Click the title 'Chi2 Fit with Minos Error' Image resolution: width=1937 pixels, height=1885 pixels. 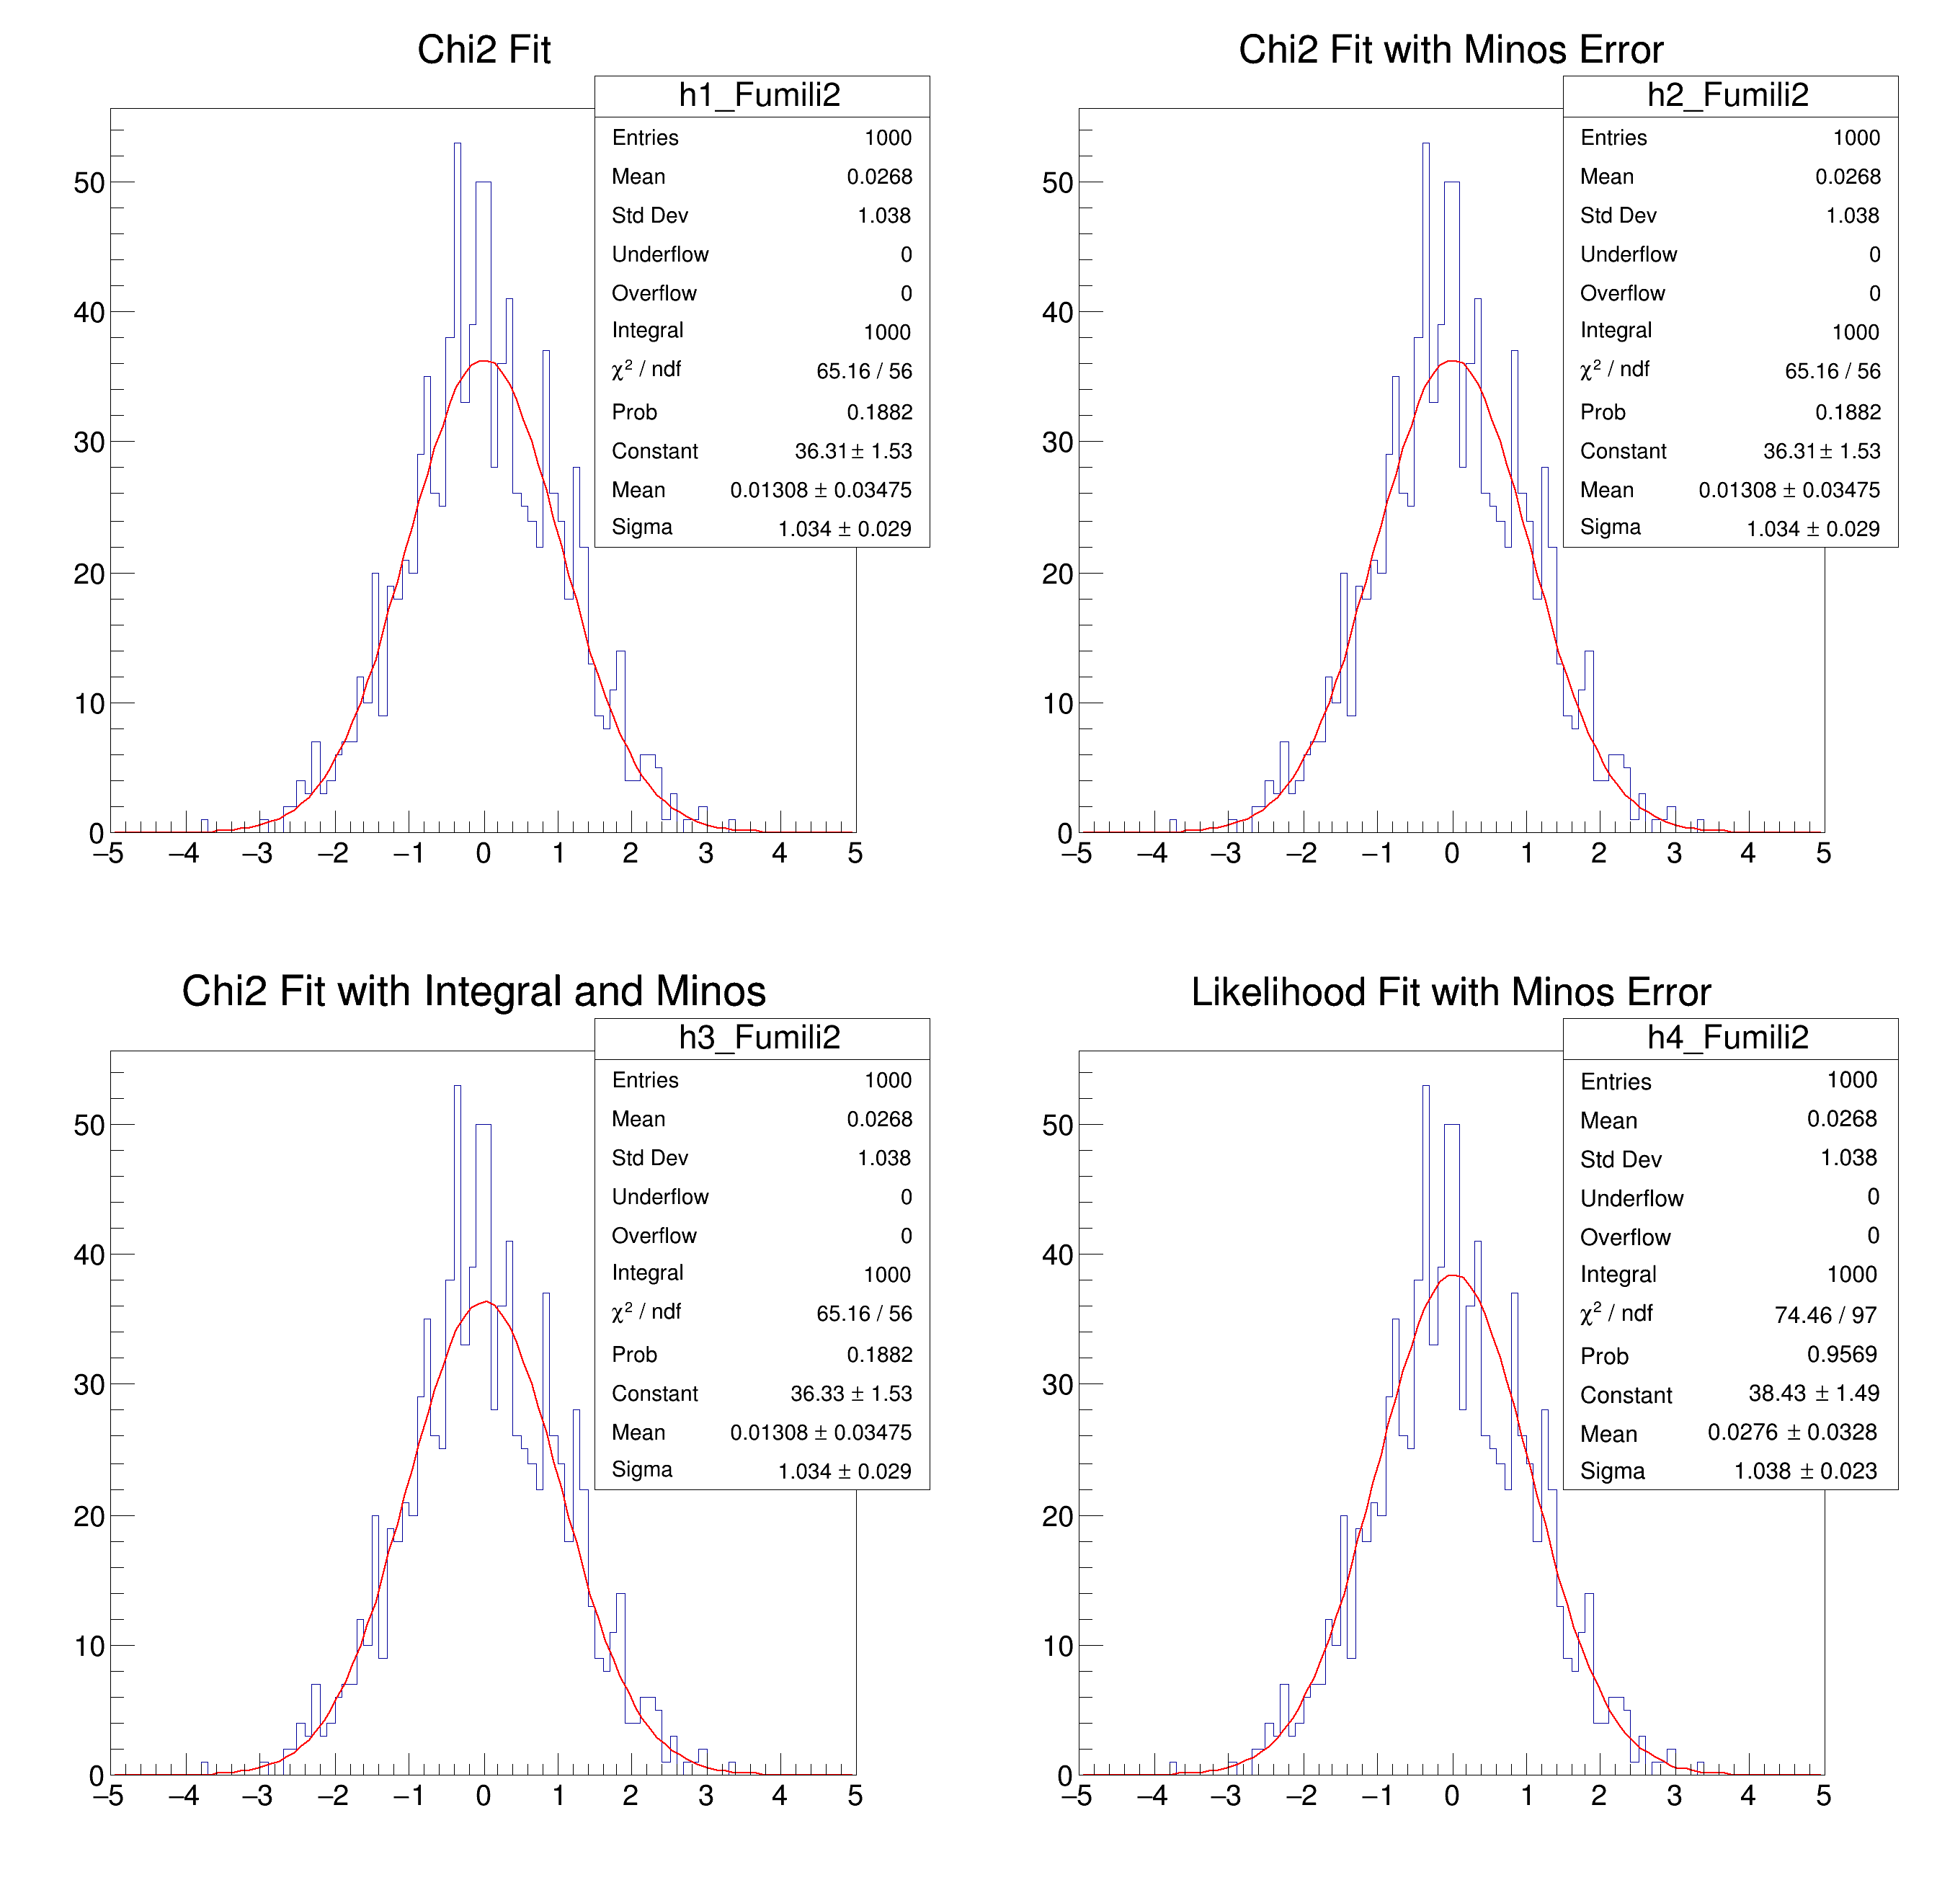click(x=1450, y=50)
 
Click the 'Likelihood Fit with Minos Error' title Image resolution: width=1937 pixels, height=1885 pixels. click(x=1450, y=992)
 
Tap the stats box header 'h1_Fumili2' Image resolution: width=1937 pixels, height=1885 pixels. click(x=760, y=95)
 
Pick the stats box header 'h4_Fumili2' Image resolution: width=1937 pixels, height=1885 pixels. click(x=1728, y=1038)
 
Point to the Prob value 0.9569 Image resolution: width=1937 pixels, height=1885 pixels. click(x=1842, y=1355)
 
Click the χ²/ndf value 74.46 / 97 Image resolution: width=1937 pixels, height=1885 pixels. click(x=1825, y=1315)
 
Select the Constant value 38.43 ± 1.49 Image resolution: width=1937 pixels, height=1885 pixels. click(x=1813, y=1393)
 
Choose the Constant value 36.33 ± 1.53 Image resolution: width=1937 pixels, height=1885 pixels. click(x=850, y=1393)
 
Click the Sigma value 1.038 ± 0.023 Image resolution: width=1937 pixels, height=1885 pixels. click(x=1805, y=1471)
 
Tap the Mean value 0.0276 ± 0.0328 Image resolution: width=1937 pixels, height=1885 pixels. click(x=1791, y=1432)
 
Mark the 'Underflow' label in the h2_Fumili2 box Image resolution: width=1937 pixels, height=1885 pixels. click(x=1628, y=254)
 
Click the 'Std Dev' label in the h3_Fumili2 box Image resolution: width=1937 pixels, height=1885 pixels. click(x=649, y=1157)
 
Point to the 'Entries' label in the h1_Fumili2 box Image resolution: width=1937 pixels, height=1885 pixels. click(x=645, y=138)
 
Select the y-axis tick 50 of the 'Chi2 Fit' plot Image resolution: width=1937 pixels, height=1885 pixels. click(x=89, y=183)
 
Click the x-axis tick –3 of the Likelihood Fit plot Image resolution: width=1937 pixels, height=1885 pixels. click(x=1225, y=1796)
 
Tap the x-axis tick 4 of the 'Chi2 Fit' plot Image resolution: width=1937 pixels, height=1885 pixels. click(x=780, y=853)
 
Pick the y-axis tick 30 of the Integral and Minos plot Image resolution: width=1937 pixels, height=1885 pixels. click(x=89, y=1385)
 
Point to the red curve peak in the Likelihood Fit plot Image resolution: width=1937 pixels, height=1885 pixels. click(x=1452, y=1276)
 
